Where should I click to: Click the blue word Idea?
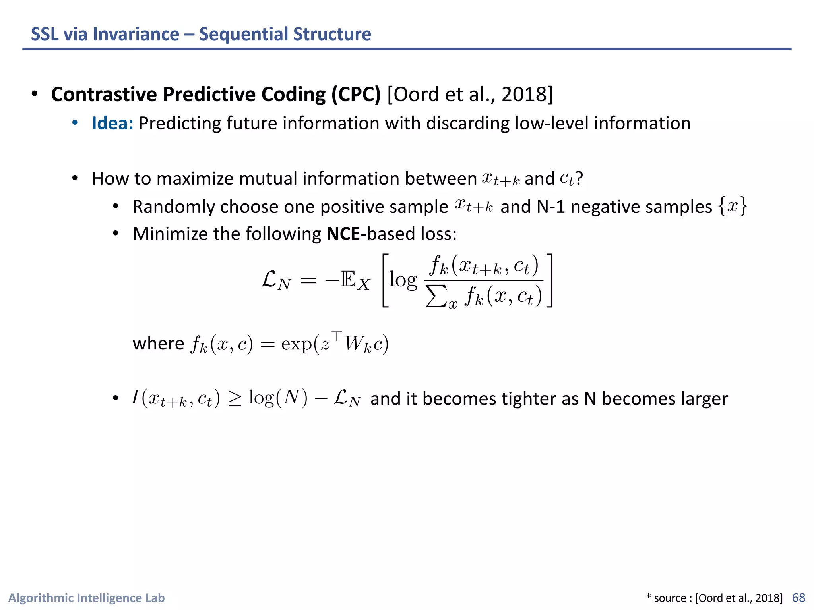112,123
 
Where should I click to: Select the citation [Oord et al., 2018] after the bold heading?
470,95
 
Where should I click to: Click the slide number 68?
798,598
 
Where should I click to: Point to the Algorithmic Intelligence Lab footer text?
86,598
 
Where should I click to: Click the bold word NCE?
343,234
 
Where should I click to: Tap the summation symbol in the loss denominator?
436,297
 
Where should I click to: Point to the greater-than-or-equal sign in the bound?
235,399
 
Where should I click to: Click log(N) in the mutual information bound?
278,398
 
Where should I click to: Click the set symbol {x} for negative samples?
733,206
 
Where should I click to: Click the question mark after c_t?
579,178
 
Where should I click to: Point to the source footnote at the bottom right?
714,598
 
